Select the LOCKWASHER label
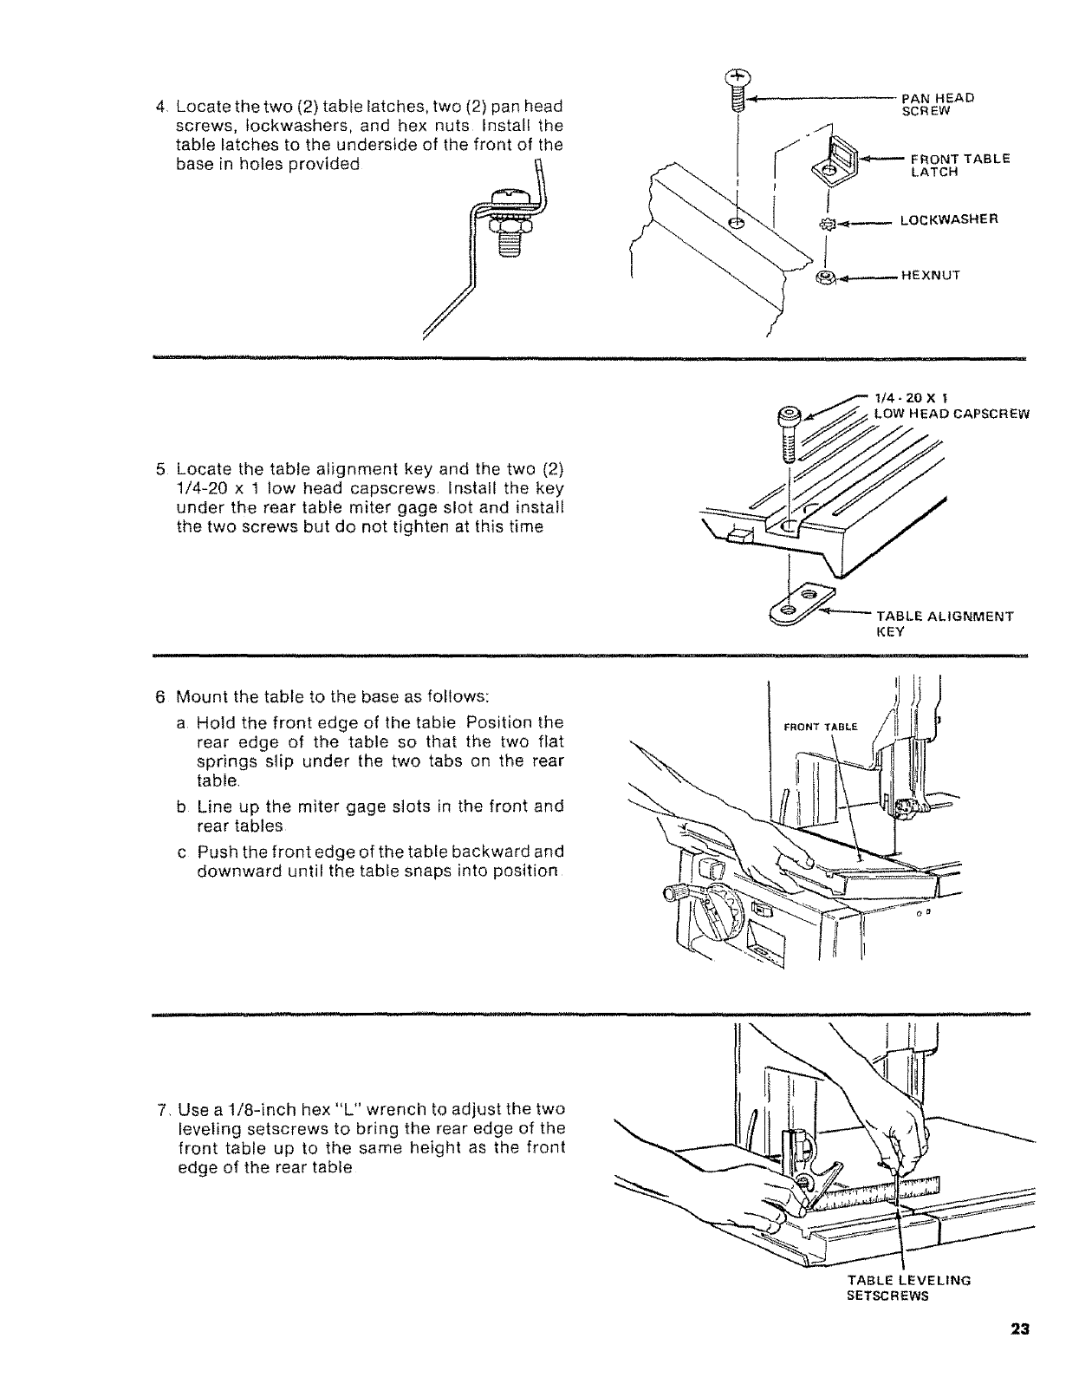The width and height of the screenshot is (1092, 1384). pyautogui.click(x=949, y=219)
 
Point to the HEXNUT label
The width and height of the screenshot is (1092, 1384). pyautogui.click(x=932, y=276)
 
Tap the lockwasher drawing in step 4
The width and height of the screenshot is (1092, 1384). pyautogui.click(x=826, y=224)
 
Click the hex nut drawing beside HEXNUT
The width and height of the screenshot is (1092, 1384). pyautogui.click(x=825, y=278)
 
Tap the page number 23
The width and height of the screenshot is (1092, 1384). pyautogui.click(x=1018, y=1354)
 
